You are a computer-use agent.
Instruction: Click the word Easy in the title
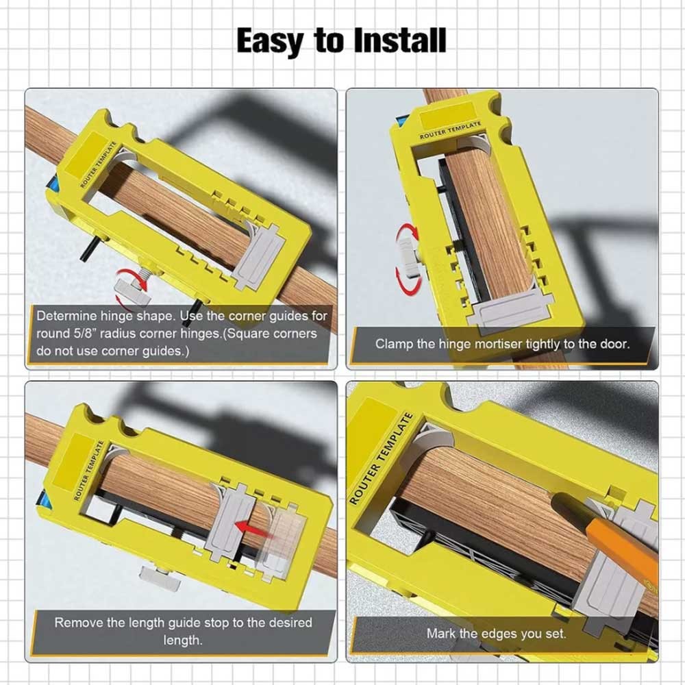pyautogui.click(x=270, y=40)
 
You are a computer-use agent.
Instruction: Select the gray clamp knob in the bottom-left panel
pyautogui.click(x=159, y=577)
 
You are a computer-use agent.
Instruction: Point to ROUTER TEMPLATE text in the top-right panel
pyautogui.click(x=450, y=130)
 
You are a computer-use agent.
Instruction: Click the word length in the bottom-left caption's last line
pyautogui.click(x=183, y=640)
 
